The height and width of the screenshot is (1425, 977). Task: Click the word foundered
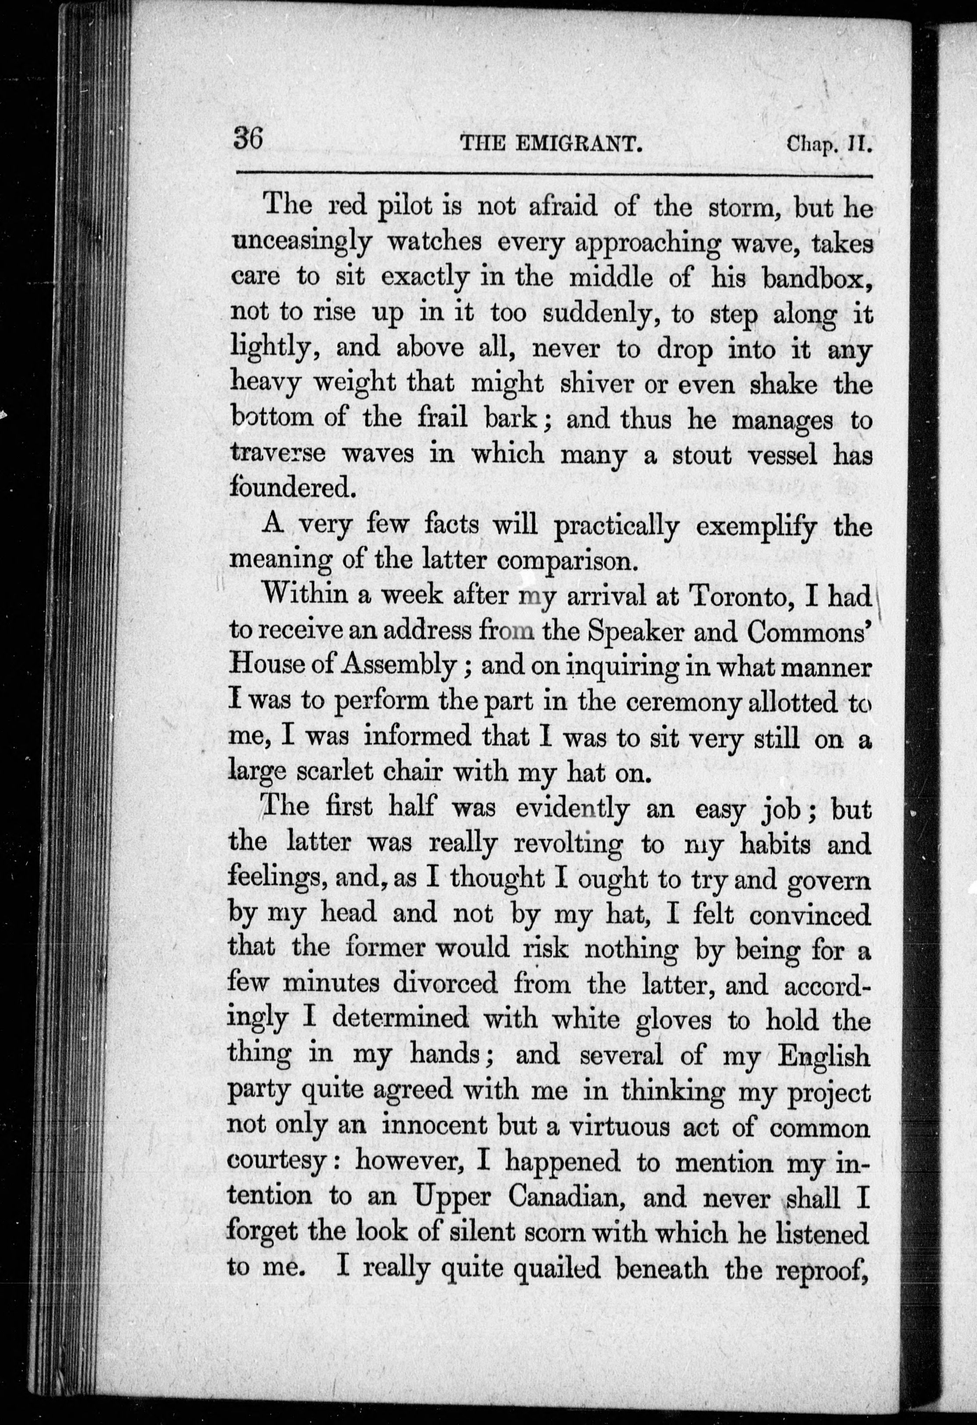click(292, 489)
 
